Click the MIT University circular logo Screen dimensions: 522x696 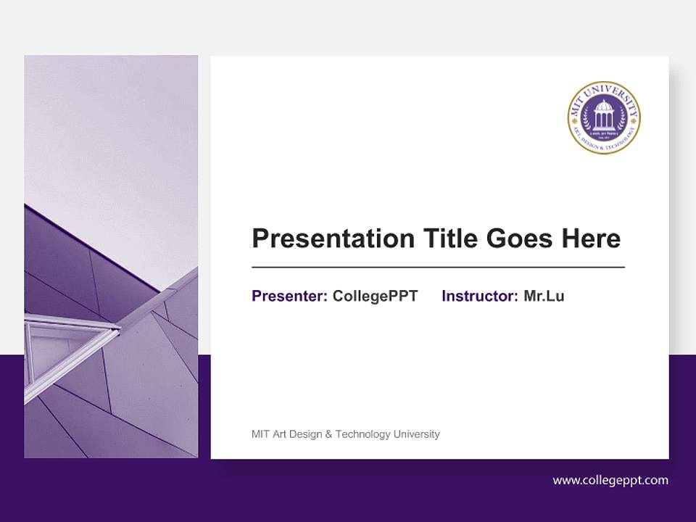pyautogui.click(x=604, y=117)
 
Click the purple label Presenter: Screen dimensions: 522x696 pyautogui.click(x=289, y=296)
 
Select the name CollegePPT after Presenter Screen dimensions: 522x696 pyautogui.click(x=375, y=296)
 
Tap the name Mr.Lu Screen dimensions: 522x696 pyautogui.click(x=544, y=296)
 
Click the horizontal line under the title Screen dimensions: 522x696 pyautogui.click(x=438, y=268)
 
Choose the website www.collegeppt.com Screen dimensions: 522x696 pyautogui.click(x=610, y=480)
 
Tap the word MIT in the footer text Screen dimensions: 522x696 pyautogui.click(x=259, y=434)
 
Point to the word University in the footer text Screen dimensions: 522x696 pyautogui.click(x=416, y=434)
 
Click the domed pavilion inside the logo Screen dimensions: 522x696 pyautogui.click(x=604, y=115)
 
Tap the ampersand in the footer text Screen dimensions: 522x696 pyautogui.click(x=328, y=434)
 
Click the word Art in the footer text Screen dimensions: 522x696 pyautogui.click(x=278, y=434)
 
